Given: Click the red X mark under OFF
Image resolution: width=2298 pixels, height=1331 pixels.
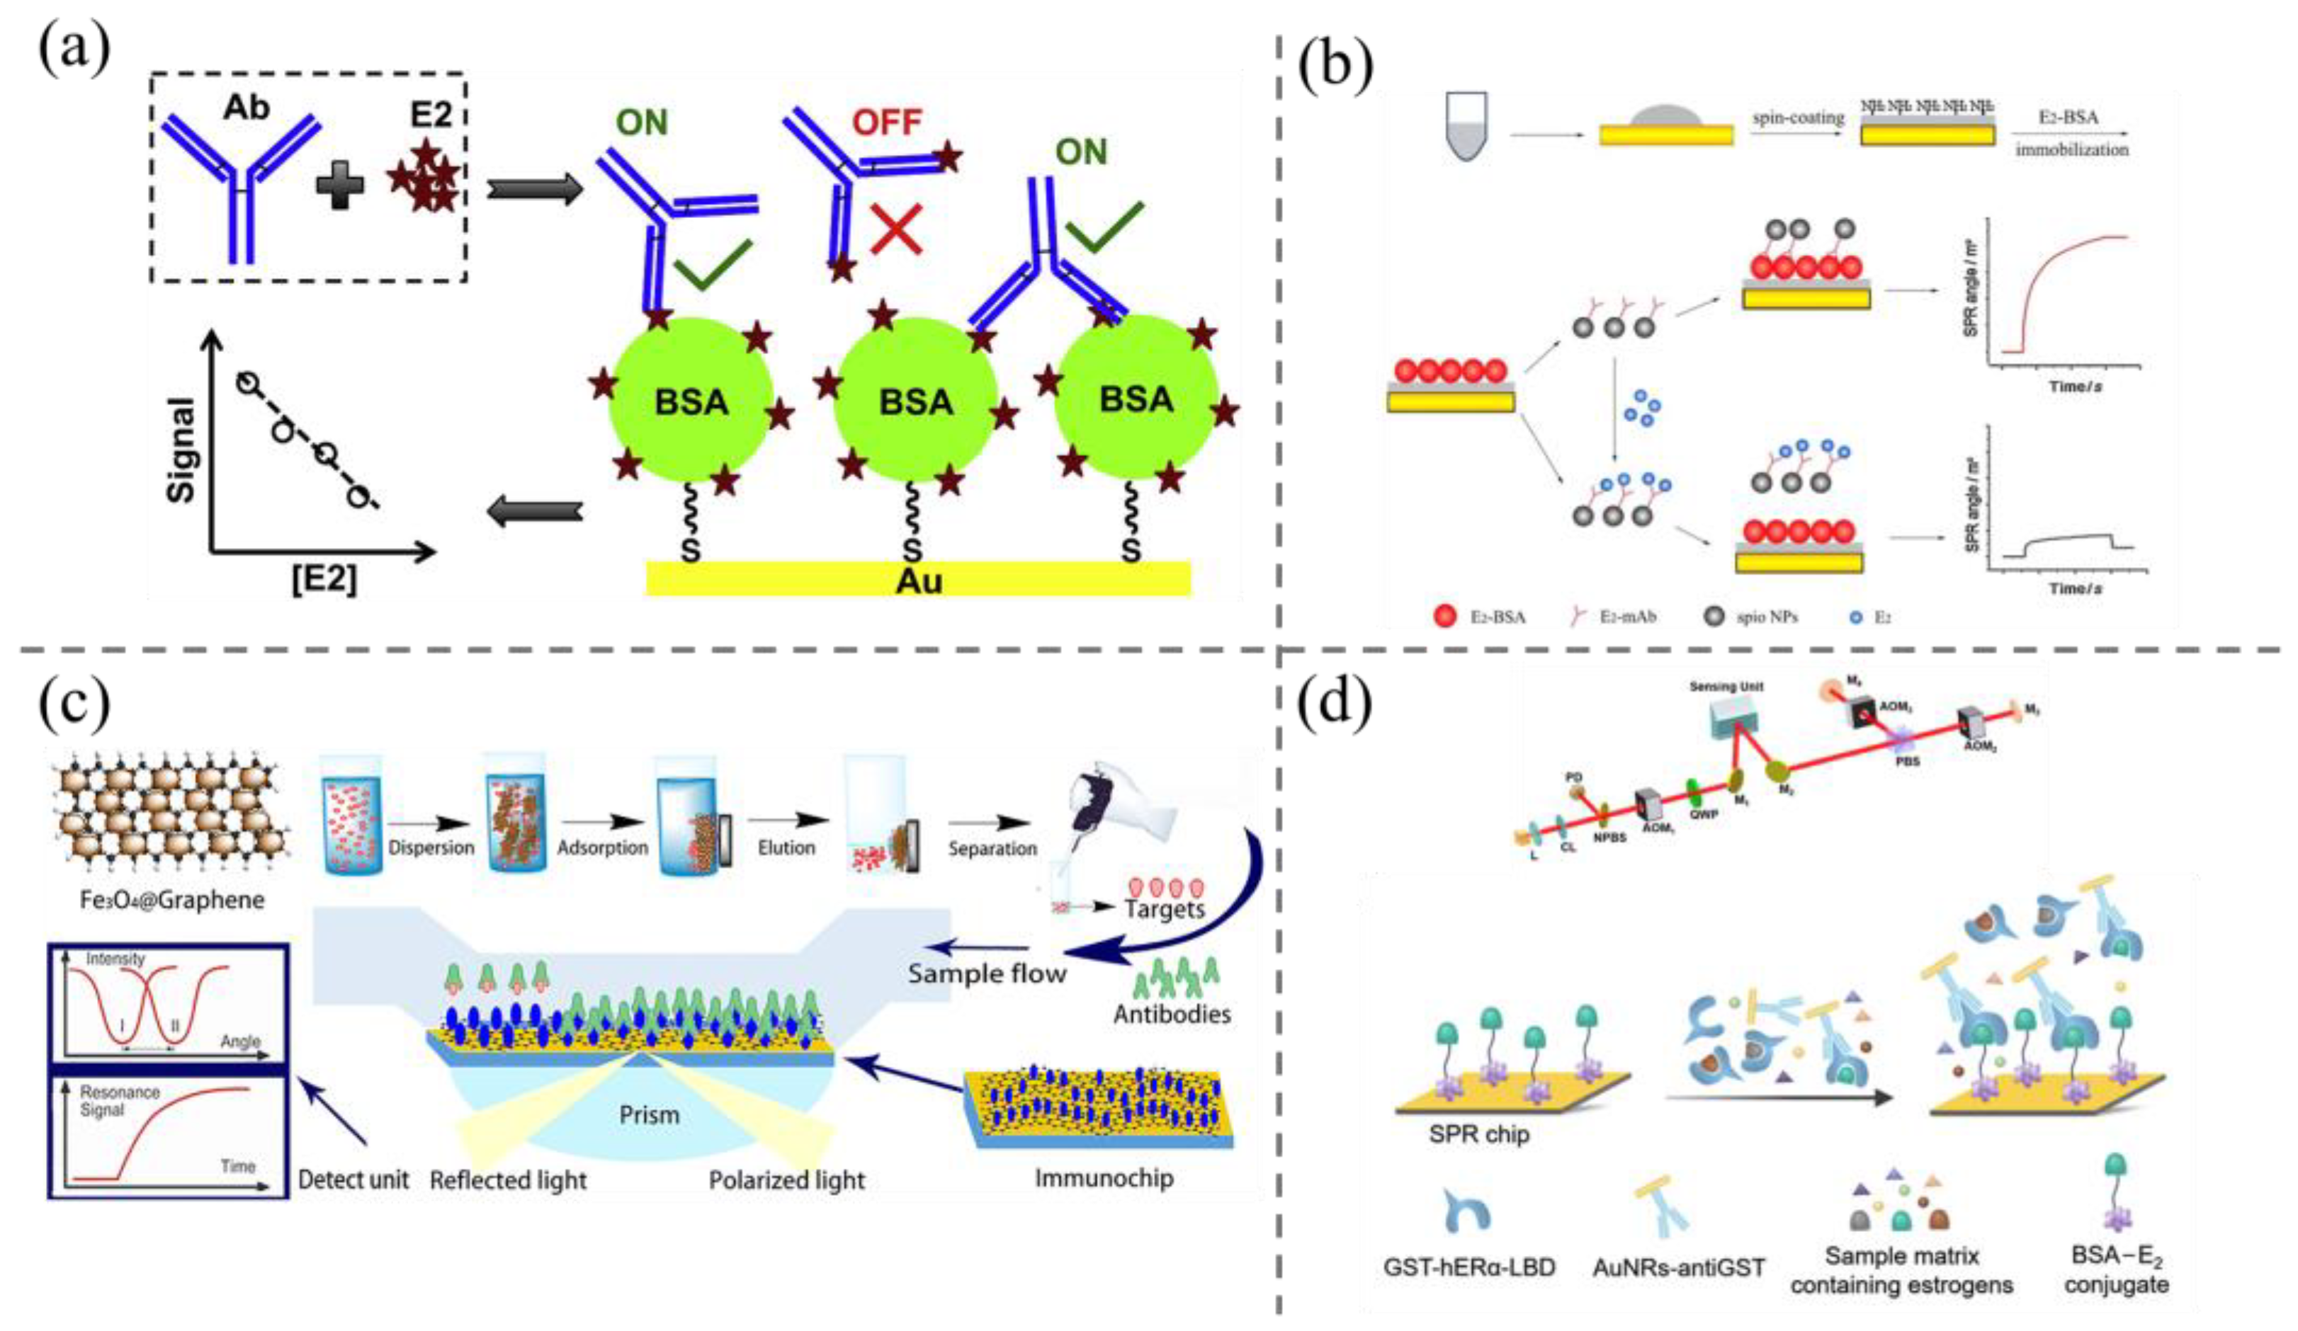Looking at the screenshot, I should (x=895, y=228).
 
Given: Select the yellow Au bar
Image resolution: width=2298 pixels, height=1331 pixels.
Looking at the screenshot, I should (x=917, y=578).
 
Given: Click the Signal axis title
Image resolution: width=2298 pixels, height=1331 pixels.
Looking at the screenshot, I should (x=181, y=450).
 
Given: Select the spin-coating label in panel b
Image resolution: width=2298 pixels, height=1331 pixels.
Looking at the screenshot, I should (x=1797, y=118).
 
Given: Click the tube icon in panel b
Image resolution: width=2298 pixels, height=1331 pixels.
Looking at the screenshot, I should (x=1466, y=127).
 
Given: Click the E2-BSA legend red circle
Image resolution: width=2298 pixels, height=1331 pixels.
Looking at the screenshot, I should (x=1444, y=617).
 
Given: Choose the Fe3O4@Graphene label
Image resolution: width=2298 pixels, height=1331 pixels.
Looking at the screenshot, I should (x=171, y=900).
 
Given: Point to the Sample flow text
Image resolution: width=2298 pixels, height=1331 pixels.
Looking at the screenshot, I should (x=987, y=973).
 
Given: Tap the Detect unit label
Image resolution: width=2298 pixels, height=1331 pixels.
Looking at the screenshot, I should (x=353, y=1179).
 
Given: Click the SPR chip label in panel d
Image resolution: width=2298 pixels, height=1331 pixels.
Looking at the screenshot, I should (x=1478, y=1134).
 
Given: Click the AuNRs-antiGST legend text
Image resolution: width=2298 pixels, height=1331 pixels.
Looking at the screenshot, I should (x=1678, y=1268).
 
